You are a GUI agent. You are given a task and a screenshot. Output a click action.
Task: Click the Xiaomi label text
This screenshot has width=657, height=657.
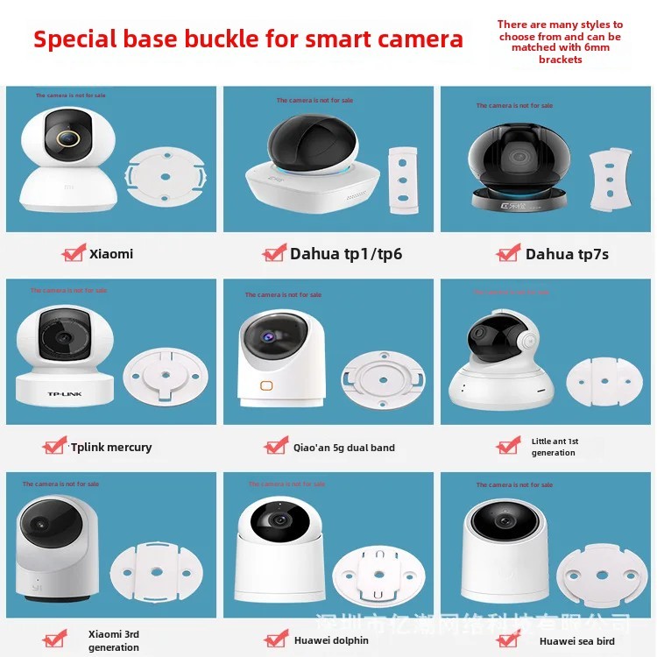[111, 254]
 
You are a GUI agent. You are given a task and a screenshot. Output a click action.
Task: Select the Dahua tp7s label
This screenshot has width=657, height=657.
[567, 254]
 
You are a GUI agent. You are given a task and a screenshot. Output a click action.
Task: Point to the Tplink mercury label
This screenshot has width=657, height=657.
[110, 447]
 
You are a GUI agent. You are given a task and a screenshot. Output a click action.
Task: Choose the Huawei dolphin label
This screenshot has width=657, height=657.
[331, 640]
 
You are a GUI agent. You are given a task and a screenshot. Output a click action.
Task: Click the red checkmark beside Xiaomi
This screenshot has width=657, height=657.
[74, 253]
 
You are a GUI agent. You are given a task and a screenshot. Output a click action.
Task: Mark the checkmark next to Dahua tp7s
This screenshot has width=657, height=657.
[508, 253]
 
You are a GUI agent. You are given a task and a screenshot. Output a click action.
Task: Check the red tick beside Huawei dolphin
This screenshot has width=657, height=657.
[276, 640]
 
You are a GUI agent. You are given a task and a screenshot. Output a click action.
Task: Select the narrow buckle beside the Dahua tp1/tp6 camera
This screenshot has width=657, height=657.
[404, 179]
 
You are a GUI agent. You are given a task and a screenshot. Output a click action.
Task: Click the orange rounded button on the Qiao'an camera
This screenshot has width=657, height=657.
[265, 385]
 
